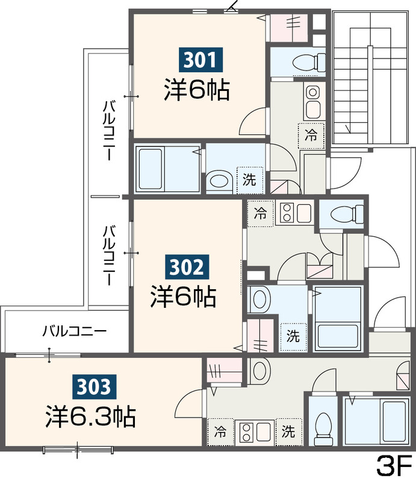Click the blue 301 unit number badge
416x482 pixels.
pyautogui.click(x=200, y=60)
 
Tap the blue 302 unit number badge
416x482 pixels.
pyautogui.click(x=187, y=267)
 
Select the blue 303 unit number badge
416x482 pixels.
pyautogui.click(x=95, y=387)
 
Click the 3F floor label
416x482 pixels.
pyautogui.click(x=394, y=466)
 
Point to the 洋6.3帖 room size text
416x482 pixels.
pyautogui.click(x=91, y=416)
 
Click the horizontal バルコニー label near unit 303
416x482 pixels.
pyautogui.click(x=75, y=331)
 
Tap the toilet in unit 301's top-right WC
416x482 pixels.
pyautogui.click(x=309, y=62)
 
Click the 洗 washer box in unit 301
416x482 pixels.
pyautogui.click(x=250, y=180)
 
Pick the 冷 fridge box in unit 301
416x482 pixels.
pyautogui.click(x=311, y=135)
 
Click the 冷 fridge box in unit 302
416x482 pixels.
pyautogui.click(x=261, y=214)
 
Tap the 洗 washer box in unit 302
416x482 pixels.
pyautogui.click(x=293, y=337)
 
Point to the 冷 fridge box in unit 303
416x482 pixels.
pyautogui.click(x=220, y=432)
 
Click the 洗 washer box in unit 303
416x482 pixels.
pyautogui.click(x=289, y=432)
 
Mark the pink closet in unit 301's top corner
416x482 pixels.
pyautogui.click(x=288, y=28)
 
